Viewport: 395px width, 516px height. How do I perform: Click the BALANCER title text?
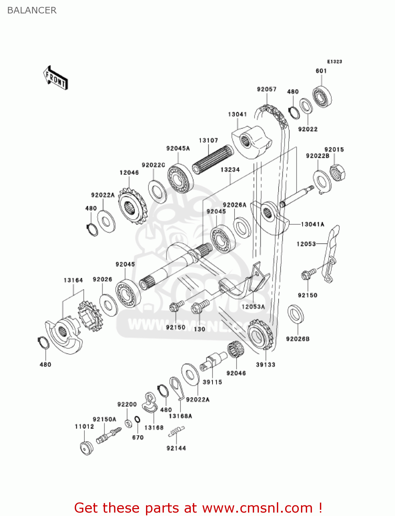(x=32, y=10)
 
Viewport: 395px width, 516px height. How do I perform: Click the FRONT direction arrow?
(x=56, y=78)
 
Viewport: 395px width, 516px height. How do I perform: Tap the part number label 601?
(x=321, y=71)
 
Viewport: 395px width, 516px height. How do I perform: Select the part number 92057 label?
(x=267, y=89)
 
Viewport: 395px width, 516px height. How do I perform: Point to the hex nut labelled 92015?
(x=338, y=172)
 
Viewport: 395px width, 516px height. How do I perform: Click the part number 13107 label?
(x=208, y=140)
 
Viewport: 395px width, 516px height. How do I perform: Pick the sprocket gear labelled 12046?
(x=133, y=206)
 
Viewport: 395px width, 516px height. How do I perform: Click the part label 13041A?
(x=313, y=224)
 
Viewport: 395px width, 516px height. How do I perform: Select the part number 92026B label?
(x=298, y=339)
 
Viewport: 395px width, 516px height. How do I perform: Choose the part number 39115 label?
(x=212, y=382)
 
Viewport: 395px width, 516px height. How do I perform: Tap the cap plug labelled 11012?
(x=86, y=449)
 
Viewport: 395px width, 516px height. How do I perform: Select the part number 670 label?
(x=138, y=437)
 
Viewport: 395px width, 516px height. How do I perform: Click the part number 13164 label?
(x=73, y=280)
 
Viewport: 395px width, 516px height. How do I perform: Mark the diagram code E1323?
(x=334, y=62)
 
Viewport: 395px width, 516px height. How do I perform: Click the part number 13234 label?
(x=230, y=170)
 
